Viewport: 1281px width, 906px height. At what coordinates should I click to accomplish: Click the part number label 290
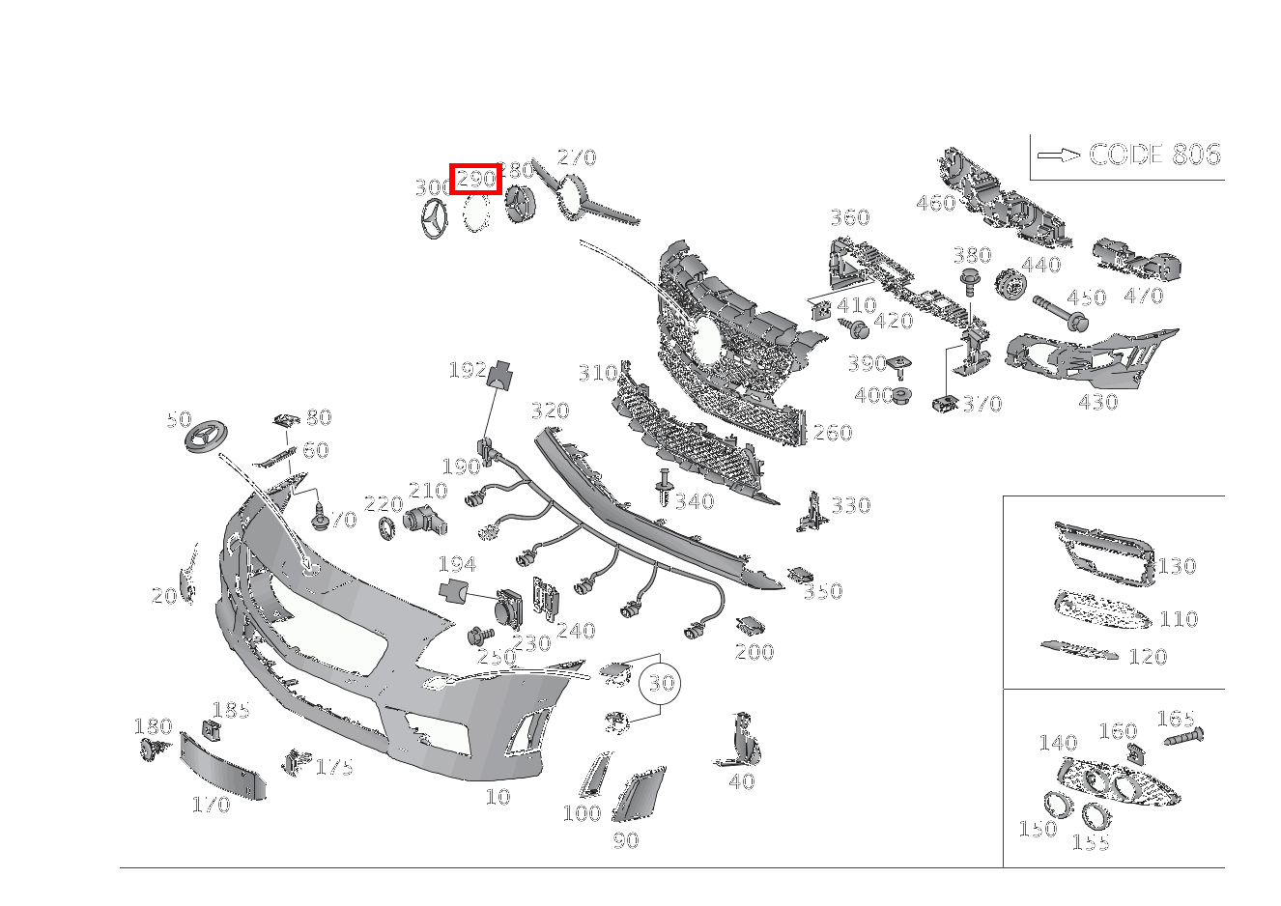pos(475,179)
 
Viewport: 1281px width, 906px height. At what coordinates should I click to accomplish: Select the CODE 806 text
pos(1154,155)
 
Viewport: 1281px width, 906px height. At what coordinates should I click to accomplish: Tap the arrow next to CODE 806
pos(1059,156)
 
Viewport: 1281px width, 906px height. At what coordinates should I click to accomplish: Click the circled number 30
pos(661,684)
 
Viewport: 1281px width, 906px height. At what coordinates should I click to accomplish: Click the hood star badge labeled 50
pos(209,438)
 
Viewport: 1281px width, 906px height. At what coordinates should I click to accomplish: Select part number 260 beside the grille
pos(832,433)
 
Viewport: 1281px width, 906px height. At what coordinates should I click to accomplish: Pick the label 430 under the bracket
pos(1097,402)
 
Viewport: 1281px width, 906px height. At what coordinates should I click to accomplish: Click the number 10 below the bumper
pos(498,797)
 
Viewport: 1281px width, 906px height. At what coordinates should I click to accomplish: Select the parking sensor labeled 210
pos(424,521)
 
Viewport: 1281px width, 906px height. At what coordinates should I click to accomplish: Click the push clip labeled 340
pos(663,487)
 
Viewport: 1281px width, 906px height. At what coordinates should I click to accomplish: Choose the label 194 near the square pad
pos(456,564)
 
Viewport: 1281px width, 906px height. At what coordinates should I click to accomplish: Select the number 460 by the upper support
pos(934,203)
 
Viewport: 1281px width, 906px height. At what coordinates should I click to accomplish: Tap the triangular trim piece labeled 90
pos(635,795)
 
